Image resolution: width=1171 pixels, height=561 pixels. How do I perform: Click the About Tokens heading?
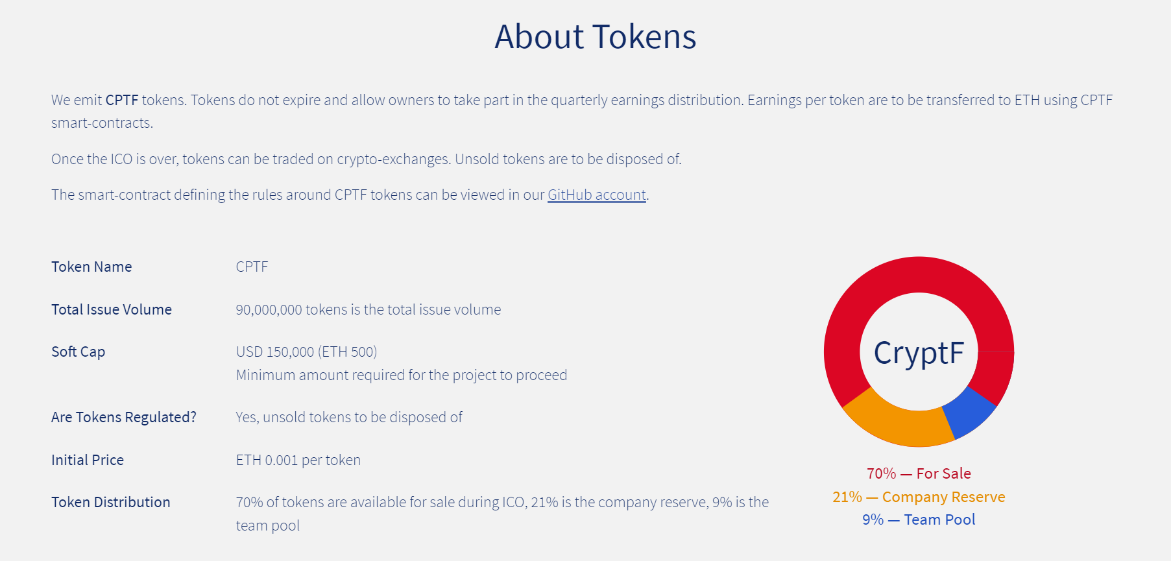point(595,36)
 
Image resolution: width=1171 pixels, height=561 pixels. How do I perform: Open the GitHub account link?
point(597,195)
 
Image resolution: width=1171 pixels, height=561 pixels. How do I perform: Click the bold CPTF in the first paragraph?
point(122,100)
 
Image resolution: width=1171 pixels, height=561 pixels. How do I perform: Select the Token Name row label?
point(91,267)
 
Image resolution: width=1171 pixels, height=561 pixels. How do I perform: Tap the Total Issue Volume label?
point(112,309)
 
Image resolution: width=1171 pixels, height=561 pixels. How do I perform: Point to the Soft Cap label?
point(78,352)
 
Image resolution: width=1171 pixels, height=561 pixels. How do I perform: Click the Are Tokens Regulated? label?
point(124,417)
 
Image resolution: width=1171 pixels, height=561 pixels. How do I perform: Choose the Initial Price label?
point(88,460)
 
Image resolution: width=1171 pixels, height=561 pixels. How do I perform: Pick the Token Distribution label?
point(111,502)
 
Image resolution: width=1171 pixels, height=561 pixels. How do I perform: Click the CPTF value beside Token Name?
point(252,267)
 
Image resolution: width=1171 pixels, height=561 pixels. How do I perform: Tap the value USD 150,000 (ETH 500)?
point(306,352)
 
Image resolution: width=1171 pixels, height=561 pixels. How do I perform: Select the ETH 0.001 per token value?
point(298,460)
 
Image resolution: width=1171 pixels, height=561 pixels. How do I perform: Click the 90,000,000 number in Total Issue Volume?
point(269,310)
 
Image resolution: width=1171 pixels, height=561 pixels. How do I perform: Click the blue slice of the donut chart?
point(968,414)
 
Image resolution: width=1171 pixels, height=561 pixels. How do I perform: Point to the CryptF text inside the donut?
point(919,353)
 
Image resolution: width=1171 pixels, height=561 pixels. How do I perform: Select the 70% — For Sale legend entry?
point(919,473)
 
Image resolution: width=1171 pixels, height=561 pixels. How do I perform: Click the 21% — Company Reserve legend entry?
point(919,497)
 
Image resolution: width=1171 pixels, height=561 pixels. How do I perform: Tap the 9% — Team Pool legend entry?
point(919,519)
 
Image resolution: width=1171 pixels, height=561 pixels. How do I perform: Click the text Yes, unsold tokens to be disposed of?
point(349,417)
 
